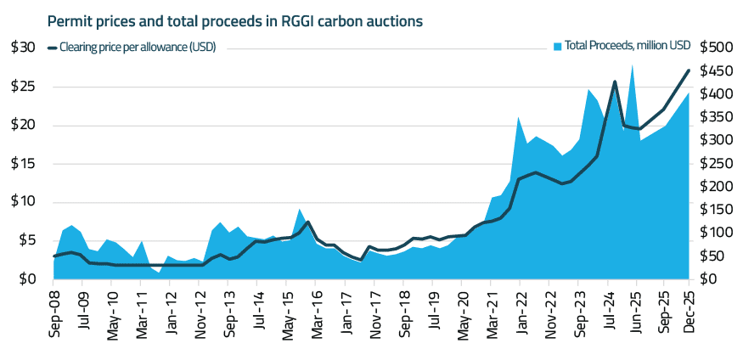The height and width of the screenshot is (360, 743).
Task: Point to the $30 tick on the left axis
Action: coord(23,48)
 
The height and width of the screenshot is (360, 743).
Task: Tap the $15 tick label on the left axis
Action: coord(23,163)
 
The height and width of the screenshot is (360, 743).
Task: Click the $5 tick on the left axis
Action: coord(26,240)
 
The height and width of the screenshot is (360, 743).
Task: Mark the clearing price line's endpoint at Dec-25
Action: coord(688,70)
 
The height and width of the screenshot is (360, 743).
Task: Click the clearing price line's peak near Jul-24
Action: coord(614,82)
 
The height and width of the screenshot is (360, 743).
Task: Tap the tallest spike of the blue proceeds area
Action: coord(632,65)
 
